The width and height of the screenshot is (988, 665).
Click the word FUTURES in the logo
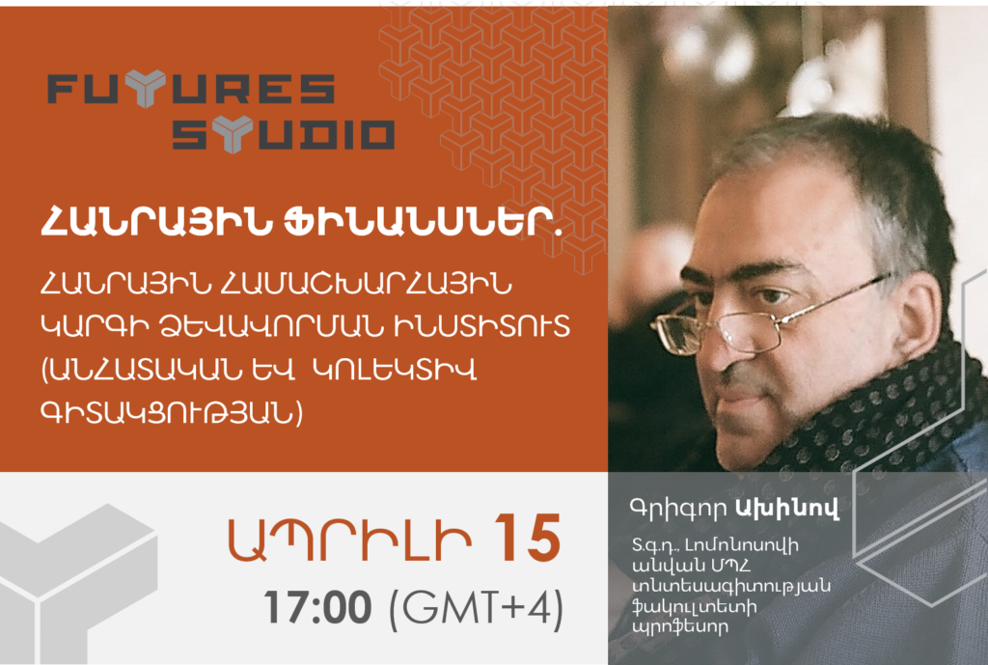tap(191, 88)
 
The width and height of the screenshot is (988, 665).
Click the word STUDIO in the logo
tap(284, 135)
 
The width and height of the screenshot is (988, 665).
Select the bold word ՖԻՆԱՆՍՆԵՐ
tap(423, 224)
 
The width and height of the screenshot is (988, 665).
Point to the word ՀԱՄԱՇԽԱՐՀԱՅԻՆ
tap(364, 286)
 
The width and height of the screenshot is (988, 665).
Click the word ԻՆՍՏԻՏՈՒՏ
tap(480, 326)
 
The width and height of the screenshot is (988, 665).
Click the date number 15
tap(528, 539)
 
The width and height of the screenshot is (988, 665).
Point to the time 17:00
tap(318, 608)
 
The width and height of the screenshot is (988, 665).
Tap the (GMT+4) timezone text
tap(477, 609)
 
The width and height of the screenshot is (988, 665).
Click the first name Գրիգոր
tap(678, 508)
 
